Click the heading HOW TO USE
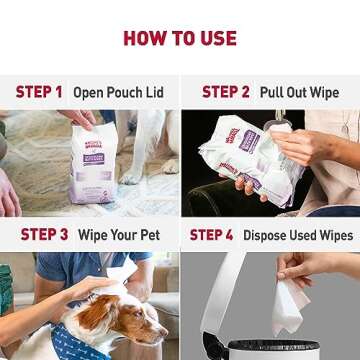[x=180, y=39]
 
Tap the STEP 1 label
[x=38, y=92]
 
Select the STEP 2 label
[x=226, y=92]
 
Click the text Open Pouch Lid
[x=119, y=92]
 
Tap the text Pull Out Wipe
[x=299, y=92]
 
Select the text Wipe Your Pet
[x=119, y=235]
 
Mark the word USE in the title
[x=213, y=39]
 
